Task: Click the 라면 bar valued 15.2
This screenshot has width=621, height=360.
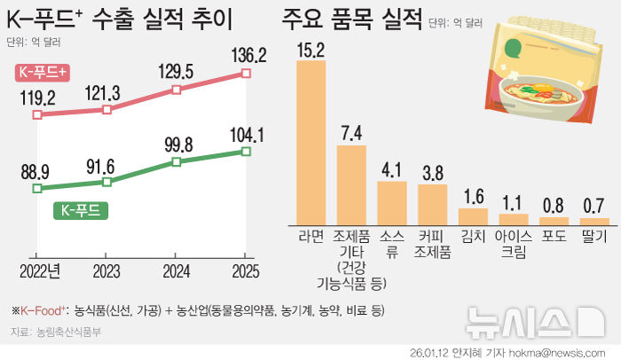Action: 310,140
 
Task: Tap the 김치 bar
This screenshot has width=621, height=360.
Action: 473,215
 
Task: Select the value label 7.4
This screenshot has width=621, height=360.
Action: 351,133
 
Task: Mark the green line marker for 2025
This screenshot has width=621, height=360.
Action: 246,152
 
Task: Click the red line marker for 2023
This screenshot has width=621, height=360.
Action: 107,110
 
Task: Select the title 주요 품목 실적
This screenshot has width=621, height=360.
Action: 351,20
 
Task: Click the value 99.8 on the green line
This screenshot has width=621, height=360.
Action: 177,144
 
